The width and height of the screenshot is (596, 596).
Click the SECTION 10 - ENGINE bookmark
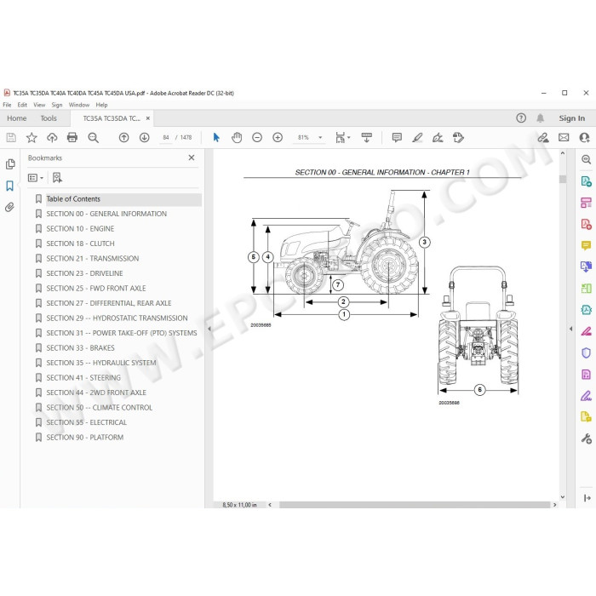click(80, 228)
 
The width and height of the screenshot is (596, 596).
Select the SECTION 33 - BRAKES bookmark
click(80, 347)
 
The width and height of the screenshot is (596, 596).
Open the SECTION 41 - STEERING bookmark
click(83, 377)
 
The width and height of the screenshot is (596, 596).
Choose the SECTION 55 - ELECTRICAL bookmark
click(87, 422)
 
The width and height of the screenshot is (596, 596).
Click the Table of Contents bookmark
click(73, 198)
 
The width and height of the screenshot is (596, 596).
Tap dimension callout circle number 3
click(425, 242)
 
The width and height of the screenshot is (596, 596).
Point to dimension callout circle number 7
click(338, 284)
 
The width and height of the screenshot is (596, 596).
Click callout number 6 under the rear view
click(479, 390)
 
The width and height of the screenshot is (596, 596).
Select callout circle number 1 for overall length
click(344, 314)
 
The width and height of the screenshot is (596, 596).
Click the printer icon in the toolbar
click(72, 137)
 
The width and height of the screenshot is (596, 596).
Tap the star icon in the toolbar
click(32, 137)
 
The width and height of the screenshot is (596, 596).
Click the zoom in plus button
click(278, 137)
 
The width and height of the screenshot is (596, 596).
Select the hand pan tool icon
click(237, 137)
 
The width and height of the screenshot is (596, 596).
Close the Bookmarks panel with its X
click(192, 158)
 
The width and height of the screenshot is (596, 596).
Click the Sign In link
click(571, 118)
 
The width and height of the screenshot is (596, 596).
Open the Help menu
click(101, 105)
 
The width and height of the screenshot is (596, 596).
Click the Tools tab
click(49, 118)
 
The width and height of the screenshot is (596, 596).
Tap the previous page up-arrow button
click(124, 137)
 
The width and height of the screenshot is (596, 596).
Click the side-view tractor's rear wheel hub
click(389, 265)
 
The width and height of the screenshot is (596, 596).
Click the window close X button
click(586, 93)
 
